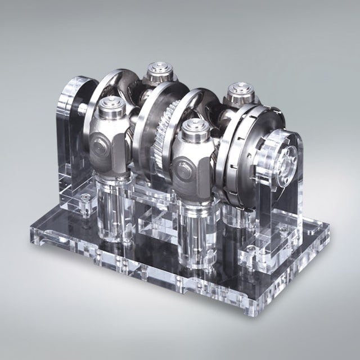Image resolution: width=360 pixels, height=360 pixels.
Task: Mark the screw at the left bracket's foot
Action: [84, 200]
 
